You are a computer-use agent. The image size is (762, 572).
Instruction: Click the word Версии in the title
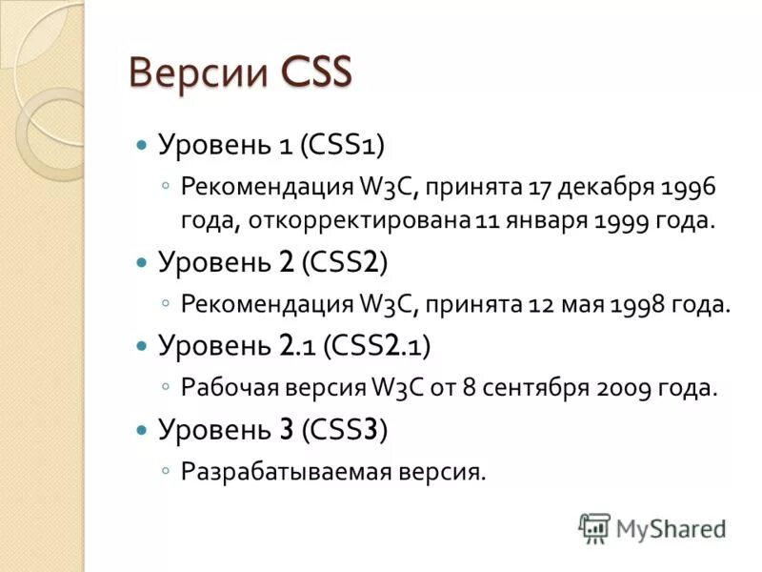pyautogui.click(x=196, y=72)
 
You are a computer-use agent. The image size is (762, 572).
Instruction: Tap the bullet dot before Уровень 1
pyautogui.click(x=142, y=146)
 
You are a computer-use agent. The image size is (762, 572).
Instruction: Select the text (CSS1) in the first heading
pyautogui.click(x=342, y=145)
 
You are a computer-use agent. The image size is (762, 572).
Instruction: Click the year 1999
pyautogui.click(x=623, y=221)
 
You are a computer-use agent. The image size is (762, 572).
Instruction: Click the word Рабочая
pyautogui.click(x=225, y=388)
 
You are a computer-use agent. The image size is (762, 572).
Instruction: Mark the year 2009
pyautogui.click(x=625, y=388)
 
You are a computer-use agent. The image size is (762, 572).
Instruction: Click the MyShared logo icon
pyautogui.click(x=594, y=528)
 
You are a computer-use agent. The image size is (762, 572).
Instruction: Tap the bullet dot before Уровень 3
pyautogui.click(x=142, y=430)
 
